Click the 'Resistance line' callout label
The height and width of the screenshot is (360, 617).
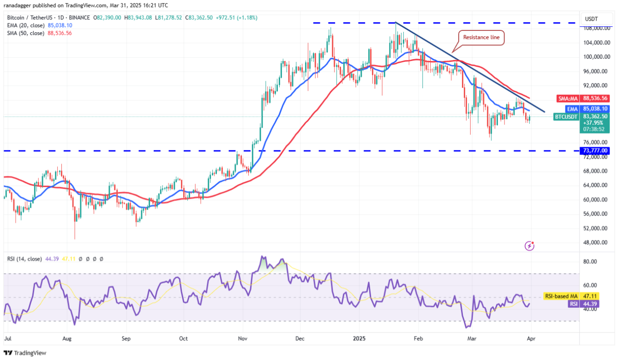click(481, 37)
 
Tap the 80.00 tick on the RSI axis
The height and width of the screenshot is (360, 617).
click(592, 262)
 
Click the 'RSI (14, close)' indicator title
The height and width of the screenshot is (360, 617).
click(24, 259)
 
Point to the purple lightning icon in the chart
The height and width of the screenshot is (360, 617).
click(530, 246)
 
